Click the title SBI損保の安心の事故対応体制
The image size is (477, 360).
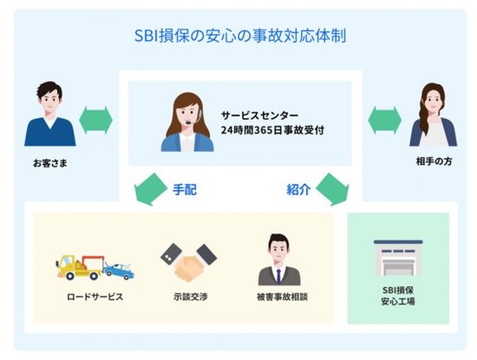pyautogui.click(x=240, y=36)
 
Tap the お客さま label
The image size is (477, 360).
pyautogui.click(x=50, y=163)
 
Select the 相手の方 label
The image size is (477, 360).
pyautogui.click(x=435, y=161)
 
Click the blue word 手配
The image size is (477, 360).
pyautogui.click(x=185, y=190)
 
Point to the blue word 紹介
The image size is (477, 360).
pyautogui.click(x=298, y=190)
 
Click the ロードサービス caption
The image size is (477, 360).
pyautogui.click(x=95, y=297)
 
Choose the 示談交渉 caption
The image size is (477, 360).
pyautogui.click(x=191, y=297)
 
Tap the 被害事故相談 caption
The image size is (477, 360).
pyautogui.click(x=282, y=297)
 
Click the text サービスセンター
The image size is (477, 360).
pyautogui.click(x=259, y=115)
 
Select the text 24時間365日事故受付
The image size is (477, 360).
pyautogui.click(x=272, y=130)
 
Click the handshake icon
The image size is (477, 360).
pyautogui.click(x=188, y=262)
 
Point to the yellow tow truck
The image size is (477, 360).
pyautogui.click(x=81, y=267)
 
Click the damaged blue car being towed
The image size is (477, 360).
pyautogui.click(x=119, y=271)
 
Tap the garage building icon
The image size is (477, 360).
pyautogui.click(x=398, y=258)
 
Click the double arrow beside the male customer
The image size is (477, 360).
pyautogui.click(x=95, y=121)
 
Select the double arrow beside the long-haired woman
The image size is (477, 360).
pyautogui.click(x=384, y=121)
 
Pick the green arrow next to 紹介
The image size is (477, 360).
pyautogui.click(x=332, y=189)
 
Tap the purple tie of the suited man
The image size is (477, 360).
pyautogui.click(x=278, y=277)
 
